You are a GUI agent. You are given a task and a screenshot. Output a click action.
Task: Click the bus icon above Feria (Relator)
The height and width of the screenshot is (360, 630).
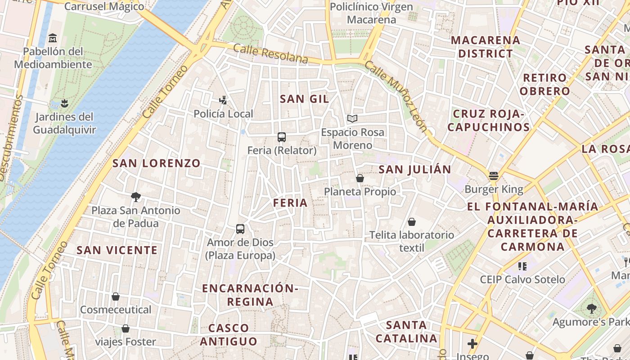tap(282, 137)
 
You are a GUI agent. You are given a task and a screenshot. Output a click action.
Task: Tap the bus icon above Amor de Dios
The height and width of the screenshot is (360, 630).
tap(240, 229)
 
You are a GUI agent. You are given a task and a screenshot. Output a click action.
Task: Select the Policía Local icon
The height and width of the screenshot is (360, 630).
tap(223, 100)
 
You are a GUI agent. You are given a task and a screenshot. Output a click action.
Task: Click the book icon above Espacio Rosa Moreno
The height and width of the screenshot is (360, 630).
tap(352, 119)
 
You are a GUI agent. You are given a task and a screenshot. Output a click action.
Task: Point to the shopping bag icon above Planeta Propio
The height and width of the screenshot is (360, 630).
tap(360, 178)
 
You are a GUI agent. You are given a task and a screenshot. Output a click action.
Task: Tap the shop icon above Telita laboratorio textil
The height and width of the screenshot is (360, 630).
tap(412, 222)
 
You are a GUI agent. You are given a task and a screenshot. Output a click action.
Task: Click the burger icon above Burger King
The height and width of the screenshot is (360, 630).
tap(494, 176)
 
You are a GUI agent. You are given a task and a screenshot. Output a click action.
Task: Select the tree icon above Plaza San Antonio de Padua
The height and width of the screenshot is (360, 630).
tap(135, 197)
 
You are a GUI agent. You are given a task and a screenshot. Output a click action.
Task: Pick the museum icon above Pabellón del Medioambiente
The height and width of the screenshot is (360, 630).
tap(53, 38)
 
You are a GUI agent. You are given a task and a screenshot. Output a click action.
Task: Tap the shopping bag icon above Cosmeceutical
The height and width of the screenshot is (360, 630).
tap(116, 297)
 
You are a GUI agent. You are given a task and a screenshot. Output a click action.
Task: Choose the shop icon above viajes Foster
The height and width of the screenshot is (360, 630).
tap(126, 328)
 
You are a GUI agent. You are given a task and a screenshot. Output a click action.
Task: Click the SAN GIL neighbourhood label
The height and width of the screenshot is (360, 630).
tap(305, 99)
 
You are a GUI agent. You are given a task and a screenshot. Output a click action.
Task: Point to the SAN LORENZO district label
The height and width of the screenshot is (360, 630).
tap(156, 163)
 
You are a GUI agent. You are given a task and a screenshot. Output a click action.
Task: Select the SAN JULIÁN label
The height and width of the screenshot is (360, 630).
tap(414, 170)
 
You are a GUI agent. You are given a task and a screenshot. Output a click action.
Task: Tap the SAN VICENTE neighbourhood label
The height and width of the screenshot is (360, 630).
tap(117, 250)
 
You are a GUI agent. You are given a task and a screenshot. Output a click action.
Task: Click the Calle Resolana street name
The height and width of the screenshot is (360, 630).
tap(271, 54)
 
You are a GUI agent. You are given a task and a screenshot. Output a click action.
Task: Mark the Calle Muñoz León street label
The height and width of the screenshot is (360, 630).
tap(396, 96)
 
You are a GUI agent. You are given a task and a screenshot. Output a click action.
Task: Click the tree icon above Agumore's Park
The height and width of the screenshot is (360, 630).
tap(591, 309)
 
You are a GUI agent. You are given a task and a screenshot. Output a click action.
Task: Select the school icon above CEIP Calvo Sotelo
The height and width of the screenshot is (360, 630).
tap(522, 266)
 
